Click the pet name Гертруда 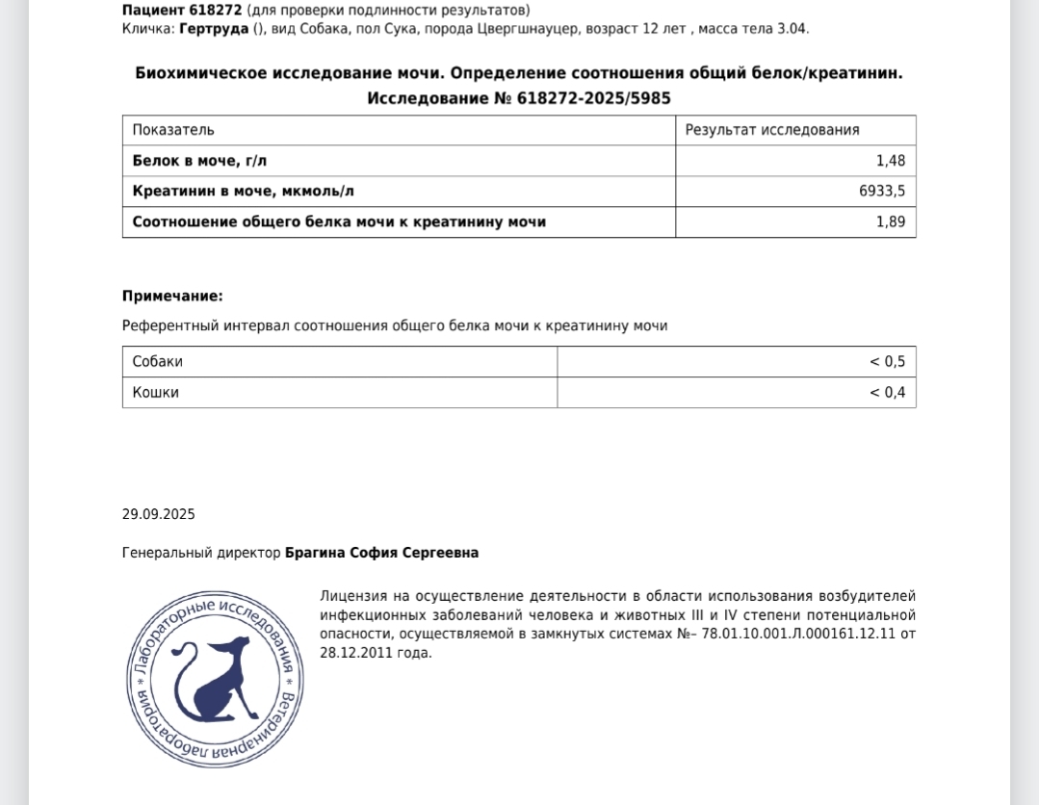(214, 29)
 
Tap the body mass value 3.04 (792, 29)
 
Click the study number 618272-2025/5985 (593, 98)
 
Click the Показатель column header (173, 130)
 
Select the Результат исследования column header (772, 130)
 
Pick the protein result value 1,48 (891, 161)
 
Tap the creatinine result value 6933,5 (882, 192)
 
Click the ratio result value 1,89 (891, 222)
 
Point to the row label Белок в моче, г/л (199, 161)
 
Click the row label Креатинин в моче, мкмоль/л (244, 192)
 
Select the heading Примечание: (172, 297)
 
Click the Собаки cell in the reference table (157, 362)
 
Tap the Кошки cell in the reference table (155, 393)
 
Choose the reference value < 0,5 (888, 362)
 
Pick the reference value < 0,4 (888, 393)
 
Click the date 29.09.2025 (158, 514)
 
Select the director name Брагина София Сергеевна (381, 553)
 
